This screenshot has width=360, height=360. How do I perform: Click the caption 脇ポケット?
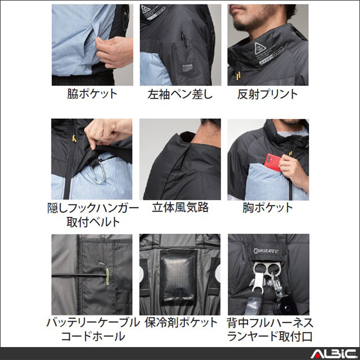coord(92,94)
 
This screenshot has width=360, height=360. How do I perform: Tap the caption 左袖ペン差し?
coord(180,94)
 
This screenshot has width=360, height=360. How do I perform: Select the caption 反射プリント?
coord(267,94)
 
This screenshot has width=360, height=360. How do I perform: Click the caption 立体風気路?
coord(180,207)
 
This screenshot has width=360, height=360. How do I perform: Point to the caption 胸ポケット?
coord(267,207)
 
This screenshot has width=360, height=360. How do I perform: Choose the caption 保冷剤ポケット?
coord(180,323)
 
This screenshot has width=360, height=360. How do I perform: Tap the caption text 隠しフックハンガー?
coord(92,208)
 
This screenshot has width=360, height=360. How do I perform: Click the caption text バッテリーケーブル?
coord(92,323)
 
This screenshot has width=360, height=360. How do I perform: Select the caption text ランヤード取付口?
coord(267,337)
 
